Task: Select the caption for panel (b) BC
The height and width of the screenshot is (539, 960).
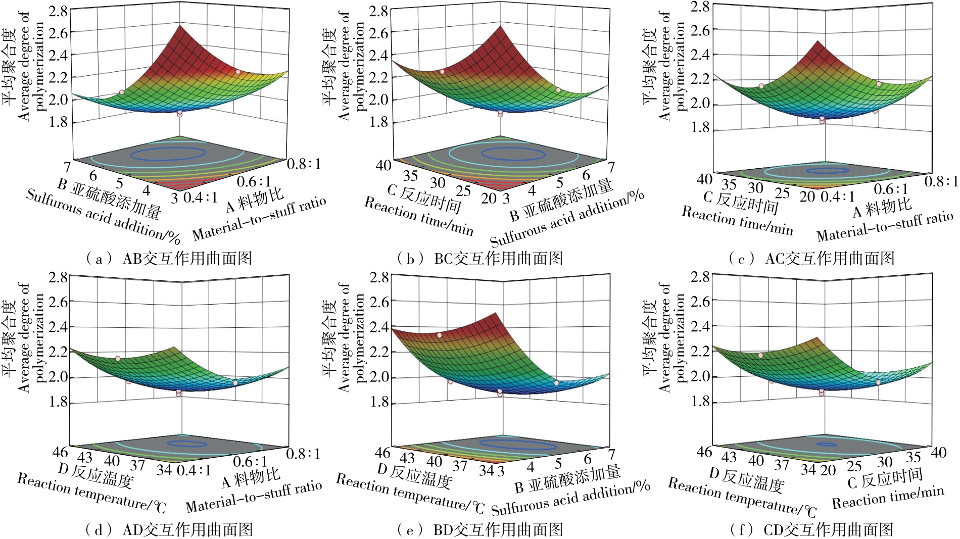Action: click(480, 259)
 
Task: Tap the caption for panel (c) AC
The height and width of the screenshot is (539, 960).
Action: click(811, 259)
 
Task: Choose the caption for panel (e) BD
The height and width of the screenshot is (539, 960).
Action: click(480, 529)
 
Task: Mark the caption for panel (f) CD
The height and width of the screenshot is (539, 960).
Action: click(811, 529)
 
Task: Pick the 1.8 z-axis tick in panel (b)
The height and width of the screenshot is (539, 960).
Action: click(378, 122)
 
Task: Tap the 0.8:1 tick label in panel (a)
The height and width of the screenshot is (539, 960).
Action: click(304, 164)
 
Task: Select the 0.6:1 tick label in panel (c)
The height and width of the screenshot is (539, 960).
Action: click(891, 189)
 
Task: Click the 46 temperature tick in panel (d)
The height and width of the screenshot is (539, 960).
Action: click(60, 451)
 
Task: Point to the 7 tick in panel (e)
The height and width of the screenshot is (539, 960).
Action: click(612, 453)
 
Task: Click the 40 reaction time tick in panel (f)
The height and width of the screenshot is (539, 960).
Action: click(938, 452)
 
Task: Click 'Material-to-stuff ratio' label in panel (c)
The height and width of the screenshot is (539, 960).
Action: click(885, 227)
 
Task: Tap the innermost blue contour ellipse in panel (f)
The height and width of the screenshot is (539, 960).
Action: click(828, 445)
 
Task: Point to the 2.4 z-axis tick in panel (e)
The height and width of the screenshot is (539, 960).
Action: click(379, 327)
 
